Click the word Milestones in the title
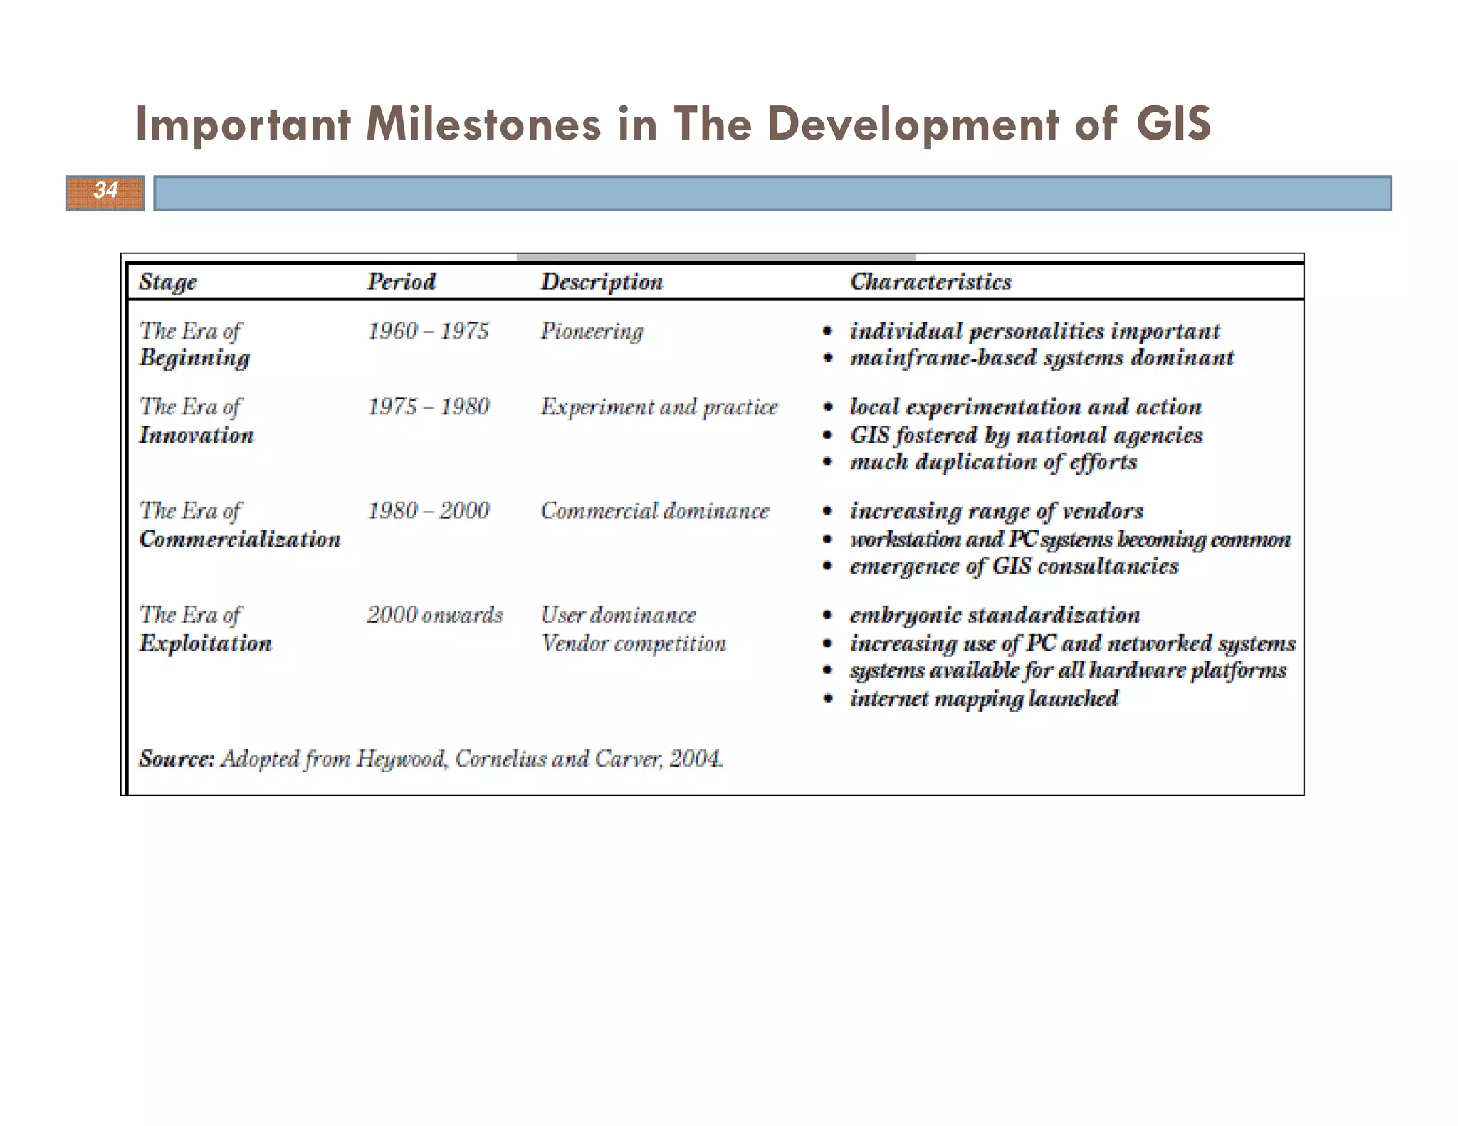click(483, 124)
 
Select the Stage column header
click(168, 282)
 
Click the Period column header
click(402, 282)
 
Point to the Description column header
click(602, 282)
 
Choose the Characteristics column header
click(930, 282)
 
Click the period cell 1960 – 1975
click(429, 331)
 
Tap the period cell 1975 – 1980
click(429, 407)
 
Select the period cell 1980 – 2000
click(429, 511)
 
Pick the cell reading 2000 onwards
click(435, 615)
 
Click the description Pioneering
click(592, 332)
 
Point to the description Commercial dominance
click(655, 511)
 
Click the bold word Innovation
click(196, 435)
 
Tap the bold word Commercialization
click(240, 539)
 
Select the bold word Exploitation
click(206, 643)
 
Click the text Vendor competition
click(634, 643)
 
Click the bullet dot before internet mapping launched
click(827, 698)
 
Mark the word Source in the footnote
click(175, 759)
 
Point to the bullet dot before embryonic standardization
click(827, 615)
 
